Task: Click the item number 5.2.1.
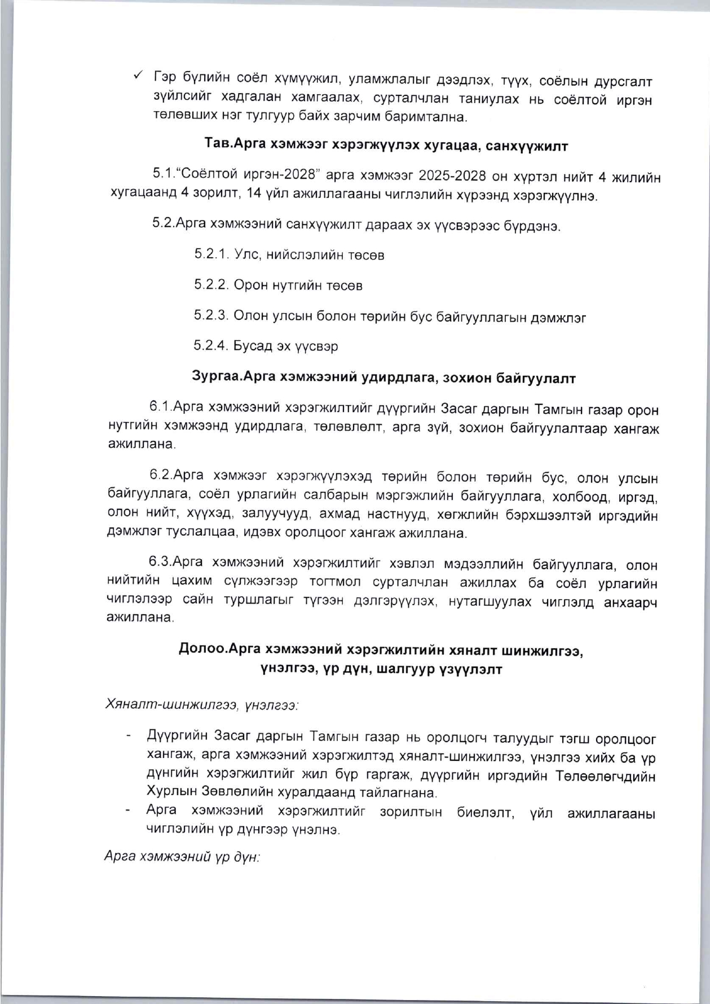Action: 211,254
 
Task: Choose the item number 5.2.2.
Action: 211,285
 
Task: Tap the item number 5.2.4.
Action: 211,346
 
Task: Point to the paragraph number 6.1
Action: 161,406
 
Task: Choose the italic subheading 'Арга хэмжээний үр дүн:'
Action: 182,856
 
